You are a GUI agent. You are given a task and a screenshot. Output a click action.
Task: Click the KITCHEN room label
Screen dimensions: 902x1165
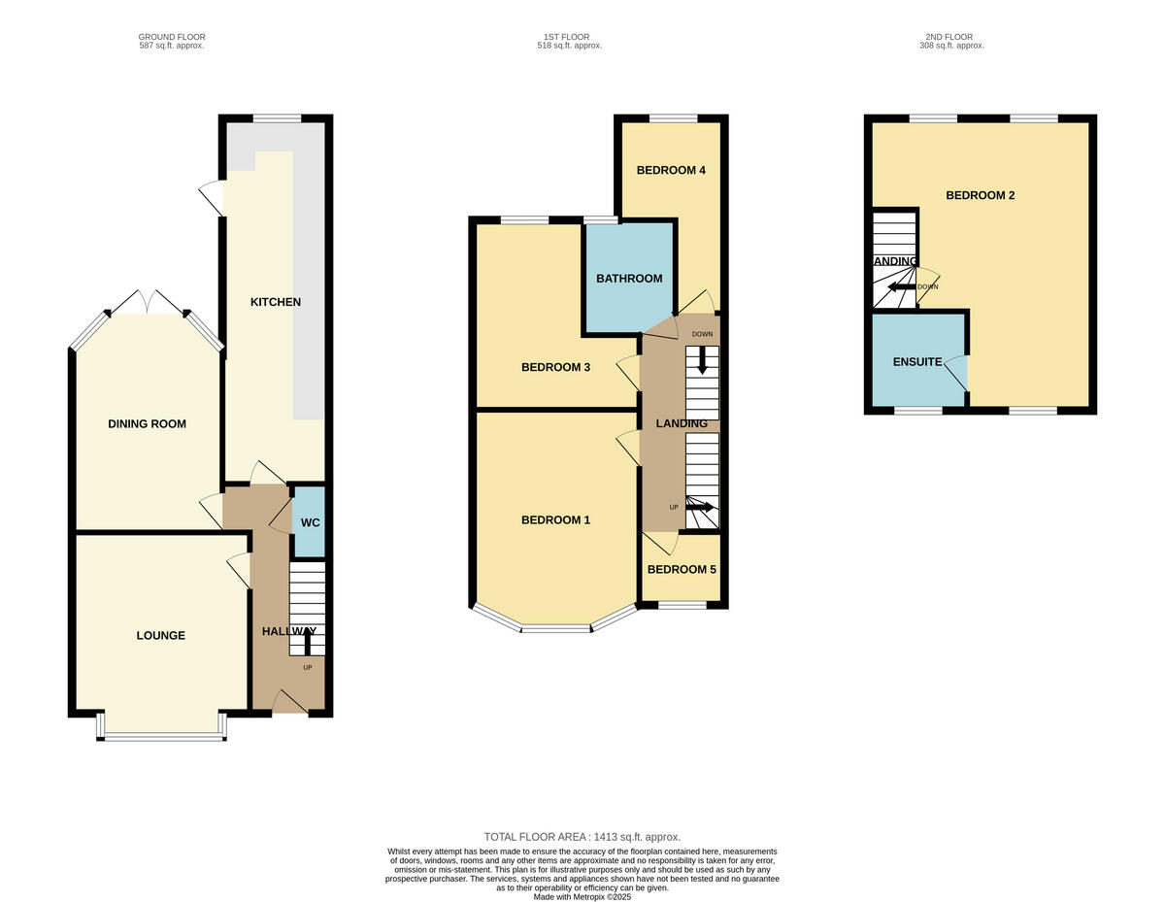click(276, 302)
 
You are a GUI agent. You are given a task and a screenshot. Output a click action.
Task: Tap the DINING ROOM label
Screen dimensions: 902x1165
click(147, 423)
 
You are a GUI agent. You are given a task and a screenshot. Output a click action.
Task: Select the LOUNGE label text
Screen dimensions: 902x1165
click(160, 636)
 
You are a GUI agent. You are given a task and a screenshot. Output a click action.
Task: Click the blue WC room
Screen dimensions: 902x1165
click(310, 522)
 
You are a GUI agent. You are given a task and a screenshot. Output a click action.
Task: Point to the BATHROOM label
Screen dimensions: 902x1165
click(629, 279)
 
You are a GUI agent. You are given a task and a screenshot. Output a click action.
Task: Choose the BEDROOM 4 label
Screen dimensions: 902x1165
click(671, 170)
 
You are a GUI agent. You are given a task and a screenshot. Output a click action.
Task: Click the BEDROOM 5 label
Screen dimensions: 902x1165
click(682, 569)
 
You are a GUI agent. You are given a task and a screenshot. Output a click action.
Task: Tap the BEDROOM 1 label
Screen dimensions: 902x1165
click(555, 520)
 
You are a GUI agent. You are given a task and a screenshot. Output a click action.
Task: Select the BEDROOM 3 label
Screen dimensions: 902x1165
click(555, 367)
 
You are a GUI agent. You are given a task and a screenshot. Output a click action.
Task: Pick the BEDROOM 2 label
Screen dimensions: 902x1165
click(981, 195)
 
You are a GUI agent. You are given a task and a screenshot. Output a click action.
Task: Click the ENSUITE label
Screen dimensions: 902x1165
click(917, 362)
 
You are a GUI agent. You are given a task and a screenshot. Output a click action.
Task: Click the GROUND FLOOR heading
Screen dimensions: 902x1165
click(172, 37)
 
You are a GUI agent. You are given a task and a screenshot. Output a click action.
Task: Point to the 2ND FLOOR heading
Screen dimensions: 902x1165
click(949, 37)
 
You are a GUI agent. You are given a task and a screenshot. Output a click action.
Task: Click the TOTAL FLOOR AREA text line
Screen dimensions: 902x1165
click(582, 837)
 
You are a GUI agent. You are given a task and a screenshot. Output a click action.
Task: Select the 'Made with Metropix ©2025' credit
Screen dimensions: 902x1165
click(582, 897)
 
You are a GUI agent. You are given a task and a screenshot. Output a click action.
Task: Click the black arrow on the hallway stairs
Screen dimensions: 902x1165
click(308, 644)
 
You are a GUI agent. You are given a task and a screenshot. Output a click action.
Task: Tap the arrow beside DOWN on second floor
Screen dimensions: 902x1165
click(902, 286)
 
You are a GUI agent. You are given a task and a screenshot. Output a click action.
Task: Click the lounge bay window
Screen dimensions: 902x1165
click(162, 737)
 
